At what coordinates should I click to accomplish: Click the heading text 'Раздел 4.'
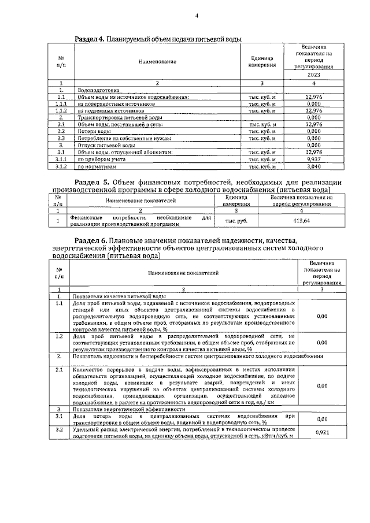[90, 39]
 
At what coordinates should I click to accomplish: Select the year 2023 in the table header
[313, 75]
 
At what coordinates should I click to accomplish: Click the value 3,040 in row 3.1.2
[313, 166]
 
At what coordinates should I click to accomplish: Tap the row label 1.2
[60, 336]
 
